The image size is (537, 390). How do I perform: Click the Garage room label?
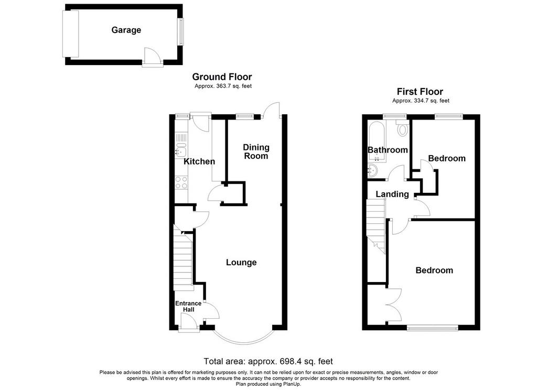[126, 30]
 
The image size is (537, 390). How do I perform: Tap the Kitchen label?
[199, 161]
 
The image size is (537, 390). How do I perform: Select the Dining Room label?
[256, 151]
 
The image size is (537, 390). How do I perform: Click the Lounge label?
[241, 262]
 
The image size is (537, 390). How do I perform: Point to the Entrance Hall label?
[188, 307]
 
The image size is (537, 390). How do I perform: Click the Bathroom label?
[388, 150]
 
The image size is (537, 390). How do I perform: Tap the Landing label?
[392, 194]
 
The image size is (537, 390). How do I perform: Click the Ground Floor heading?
[222, 77]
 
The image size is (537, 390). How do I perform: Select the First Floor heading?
[420, 92]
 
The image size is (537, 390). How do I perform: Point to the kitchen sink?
[181, 150]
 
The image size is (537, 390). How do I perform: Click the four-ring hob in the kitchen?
[181, 182]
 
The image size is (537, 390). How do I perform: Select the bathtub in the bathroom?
[377, 142]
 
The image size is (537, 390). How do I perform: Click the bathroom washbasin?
[373, 170]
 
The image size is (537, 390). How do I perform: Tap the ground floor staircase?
[182, 258]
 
